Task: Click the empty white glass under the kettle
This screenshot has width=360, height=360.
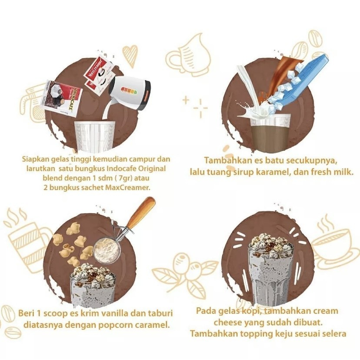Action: click(x=95, y=137)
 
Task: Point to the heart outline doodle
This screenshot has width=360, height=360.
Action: click(x=130, y=56)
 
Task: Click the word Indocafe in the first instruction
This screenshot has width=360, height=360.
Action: click(x=123, y=169)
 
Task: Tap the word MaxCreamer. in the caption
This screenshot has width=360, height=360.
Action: click(x=128, y=187)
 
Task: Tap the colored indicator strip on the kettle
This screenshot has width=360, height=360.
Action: click(x=129, y=91)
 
